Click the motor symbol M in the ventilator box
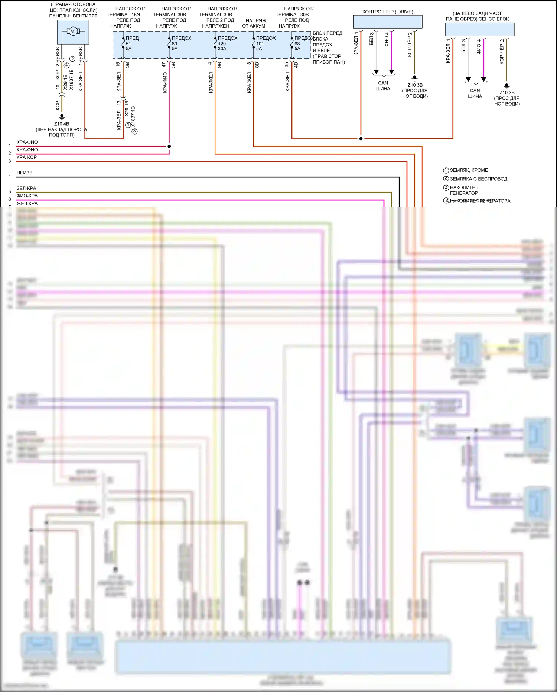pyautogui.click(x=72, y=32)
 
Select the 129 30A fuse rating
pyautogui.click(x=222, y=46)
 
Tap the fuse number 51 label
pyautogui.click(x=128, y=44)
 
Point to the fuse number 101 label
pyautogui.click(x=260, y=44)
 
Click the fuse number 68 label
pyautogui.click(x=297, y=44)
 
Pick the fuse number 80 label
pyautogui.click(x=175, y=44)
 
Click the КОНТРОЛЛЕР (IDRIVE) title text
pyautogui.click(x=388, y=12)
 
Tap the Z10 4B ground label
pyautogui.click(x=62, y=124)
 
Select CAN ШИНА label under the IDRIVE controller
pyautogui.click(x=383, y=86)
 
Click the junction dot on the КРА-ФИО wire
pyautogui.click(x=169, y=146)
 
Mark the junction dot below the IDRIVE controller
pyautogui.click(x=361, y=139)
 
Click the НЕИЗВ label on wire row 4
pyautogui.click(x=25, y=173)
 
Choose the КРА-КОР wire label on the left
pyautogui.click(x=27, y=157)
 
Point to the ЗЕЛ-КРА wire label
pyautogui.click(x=26, y=188)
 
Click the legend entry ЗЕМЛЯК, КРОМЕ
pyautogui.click(x=469, y=170)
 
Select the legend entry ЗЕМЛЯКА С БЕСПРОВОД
pyautogui.click(x=478, y=179)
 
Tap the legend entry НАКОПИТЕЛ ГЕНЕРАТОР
pyautogui.click(x=464, y=190)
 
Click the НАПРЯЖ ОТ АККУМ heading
pyautogui.click(x=254, y=23)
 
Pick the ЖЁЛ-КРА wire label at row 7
pyautogui.click(x=27, y=203)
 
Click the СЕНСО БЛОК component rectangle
pyautogui.click(x=479, y=29)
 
